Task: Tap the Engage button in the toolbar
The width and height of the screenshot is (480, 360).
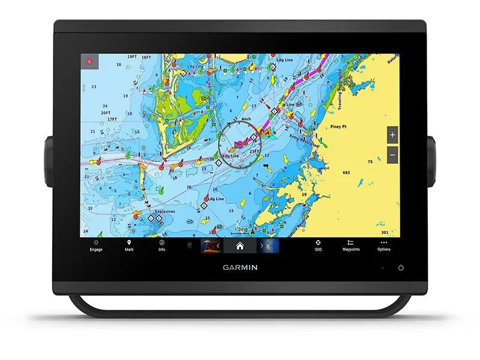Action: tap(96, 245)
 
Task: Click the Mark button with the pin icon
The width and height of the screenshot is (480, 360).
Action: tap(129, 245)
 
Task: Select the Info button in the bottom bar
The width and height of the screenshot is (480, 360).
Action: tap(162, 245)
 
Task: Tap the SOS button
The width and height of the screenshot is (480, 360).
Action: tap(318, 245)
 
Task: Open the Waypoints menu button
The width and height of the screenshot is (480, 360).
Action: tap(351, 245)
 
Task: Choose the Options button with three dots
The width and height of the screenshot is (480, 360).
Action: tap(384, 245)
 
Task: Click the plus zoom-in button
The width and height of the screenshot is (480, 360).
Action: tap(392, 135)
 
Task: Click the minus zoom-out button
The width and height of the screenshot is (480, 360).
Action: tap(392, 154)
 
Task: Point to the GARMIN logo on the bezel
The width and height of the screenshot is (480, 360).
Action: tap(240, 268)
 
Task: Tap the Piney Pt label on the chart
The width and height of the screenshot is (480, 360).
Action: tap(340, 127)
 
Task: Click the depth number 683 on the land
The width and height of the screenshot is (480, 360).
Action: tap(346, 173)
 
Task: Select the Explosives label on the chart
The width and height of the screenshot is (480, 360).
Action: tap(164, 211)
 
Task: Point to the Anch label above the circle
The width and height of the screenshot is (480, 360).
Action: tap(246, 119)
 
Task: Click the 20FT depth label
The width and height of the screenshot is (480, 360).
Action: tap(106, 112)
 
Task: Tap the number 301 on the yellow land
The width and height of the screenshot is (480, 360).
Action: tap(385, 232)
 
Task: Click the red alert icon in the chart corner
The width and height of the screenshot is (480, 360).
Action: tap(89, 61)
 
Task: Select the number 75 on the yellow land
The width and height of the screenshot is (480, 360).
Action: tap(370, 161)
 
